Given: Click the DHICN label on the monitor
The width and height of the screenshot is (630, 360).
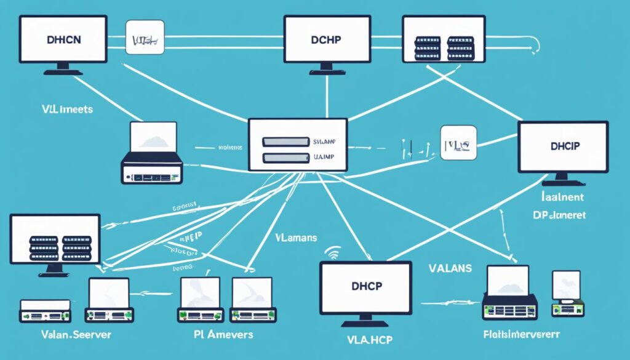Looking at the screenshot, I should click(x=63, y=38).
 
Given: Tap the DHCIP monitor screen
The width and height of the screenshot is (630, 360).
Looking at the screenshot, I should click(x=562, y=146).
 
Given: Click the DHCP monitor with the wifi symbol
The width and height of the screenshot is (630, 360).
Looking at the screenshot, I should click(x=365, y=287).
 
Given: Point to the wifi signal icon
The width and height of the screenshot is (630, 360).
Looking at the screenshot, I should click(x=332, y=253).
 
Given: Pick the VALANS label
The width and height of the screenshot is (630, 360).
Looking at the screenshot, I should click(x=450, y=268).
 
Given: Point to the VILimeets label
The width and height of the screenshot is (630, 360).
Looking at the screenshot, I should click(x=59, y=109).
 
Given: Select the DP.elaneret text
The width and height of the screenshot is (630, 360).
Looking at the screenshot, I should click(x=558, y=216).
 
